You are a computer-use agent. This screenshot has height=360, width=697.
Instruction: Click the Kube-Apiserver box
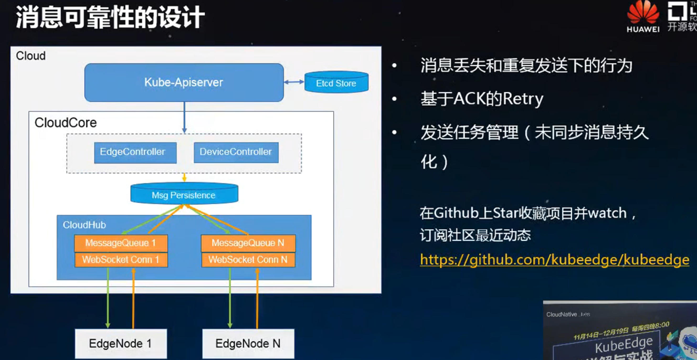point(184,82)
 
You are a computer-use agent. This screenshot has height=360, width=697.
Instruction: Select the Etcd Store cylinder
point(336,82)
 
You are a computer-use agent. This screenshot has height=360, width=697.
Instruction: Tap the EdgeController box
point(135,152)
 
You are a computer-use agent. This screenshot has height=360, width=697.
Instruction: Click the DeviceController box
point(236,152)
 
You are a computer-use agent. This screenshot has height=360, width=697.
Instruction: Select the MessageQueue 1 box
point(121,243)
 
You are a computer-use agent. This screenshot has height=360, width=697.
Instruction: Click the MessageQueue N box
point(248,243)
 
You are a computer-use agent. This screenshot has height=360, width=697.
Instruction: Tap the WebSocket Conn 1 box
point(121,260)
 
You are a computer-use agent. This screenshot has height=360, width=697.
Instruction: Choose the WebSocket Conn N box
point(248,260)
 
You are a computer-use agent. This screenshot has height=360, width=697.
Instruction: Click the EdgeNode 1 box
point(121,343)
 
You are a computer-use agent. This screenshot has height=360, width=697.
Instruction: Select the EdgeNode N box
point(248,343)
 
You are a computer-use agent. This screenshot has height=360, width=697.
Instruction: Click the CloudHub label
point(84,225)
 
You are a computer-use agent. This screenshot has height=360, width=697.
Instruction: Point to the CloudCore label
point(66,123)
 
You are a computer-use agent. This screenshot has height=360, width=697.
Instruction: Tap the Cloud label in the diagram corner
point(31,56)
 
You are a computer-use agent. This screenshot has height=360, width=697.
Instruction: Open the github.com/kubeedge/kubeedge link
point(555,260)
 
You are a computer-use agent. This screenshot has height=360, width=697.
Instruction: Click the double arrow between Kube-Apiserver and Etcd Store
point(294,82)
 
